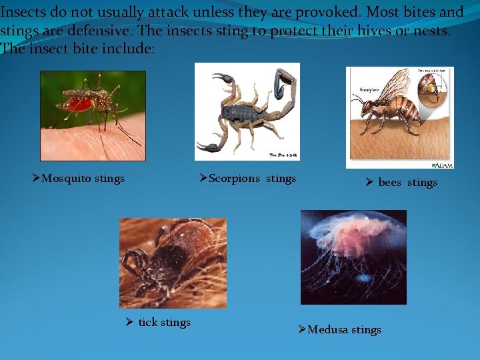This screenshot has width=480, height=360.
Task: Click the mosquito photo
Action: pyautogui.click(x=93, y=115)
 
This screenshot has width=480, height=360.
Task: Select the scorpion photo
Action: pyautogui.click(x=247, y=111)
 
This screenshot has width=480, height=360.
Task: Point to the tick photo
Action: pyautogui.click(x=173, y=263)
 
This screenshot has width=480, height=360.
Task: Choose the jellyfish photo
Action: pyautogui.click(x=353, y=257)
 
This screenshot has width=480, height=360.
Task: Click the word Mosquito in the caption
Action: pyautogui.click(x=67, y=178)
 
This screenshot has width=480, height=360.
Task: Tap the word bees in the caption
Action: pyautogui.click(x=389, y=183)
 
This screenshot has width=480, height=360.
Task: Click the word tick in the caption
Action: pyautogui.click(x=147, y=323)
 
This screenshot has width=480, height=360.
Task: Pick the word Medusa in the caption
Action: pyautogui.click(x=327, y=329)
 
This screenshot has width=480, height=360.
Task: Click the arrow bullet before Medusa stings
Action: pyautogui.click(x=301, y=329)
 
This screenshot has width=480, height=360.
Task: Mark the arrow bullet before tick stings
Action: pyautogui.click(x=130, y=323)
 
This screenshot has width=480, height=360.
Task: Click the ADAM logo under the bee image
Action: pyautogui.click(x=442, y=165)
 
